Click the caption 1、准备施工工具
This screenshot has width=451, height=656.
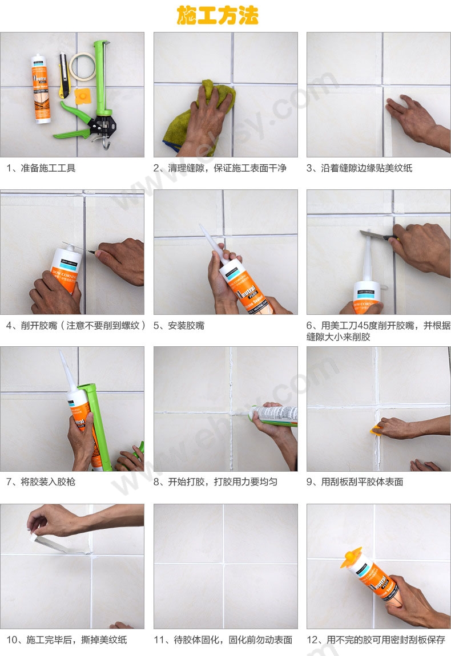click(41, 168)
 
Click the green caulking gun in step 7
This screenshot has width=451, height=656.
click(94, 422)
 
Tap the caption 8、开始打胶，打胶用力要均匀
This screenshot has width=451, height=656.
click(216, 482)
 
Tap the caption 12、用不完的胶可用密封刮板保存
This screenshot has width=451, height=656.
click(376, 640)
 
